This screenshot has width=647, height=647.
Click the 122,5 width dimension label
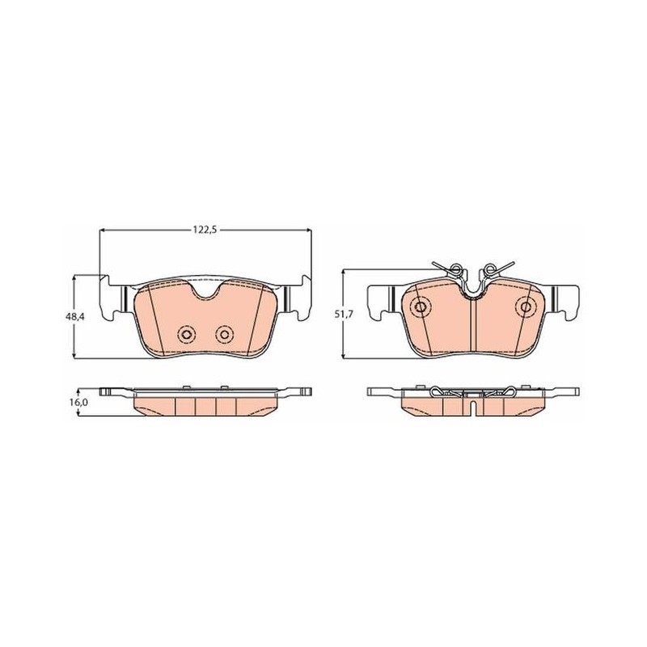(x=205, y=230)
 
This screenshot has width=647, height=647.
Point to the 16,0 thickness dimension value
(x=78, y=402)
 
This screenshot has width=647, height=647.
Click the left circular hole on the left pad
(x=186, y=334)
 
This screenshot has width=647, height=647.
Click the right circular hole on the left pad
(x=225, y=334)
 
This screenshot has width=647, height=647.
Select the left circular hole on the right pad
(x=421, y=307)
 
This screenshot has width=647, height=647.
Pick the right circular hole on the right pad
(x=526, y=307)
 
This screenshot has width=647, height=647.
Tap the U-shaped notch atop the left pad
(x=205, y=290)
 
